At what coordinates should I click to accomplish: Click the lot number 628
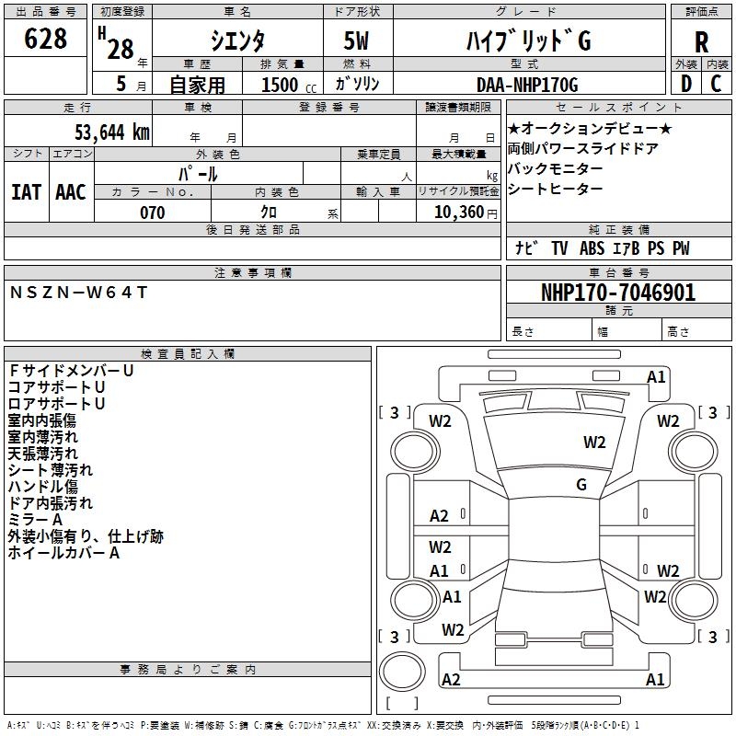[46, 39]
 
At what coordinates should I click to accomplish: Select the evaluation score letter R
[701, 41]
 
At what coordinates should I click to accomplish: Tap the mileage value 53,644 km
[102, 132]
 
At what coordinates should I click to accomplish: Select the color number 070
[152, 213]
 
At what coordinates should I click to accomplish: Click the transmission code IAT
[26, 191]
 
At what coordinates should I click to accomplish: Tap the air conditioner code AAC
[70, 191]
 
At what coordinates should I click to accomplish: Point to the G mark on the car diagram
[581, 485]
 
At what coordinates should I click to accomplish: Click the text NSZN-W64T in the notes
[78, 293]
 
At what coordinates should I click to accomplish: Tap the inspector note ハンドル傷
[42, 487]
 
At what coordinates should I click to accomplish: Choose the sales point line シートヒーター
[555, 189]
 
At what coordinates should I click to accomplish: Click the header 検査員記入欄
[188, 353]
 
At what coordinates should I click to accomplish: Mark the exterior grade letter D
[685, 84]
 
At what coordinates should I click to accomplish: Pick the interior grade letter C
[716, 84]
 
